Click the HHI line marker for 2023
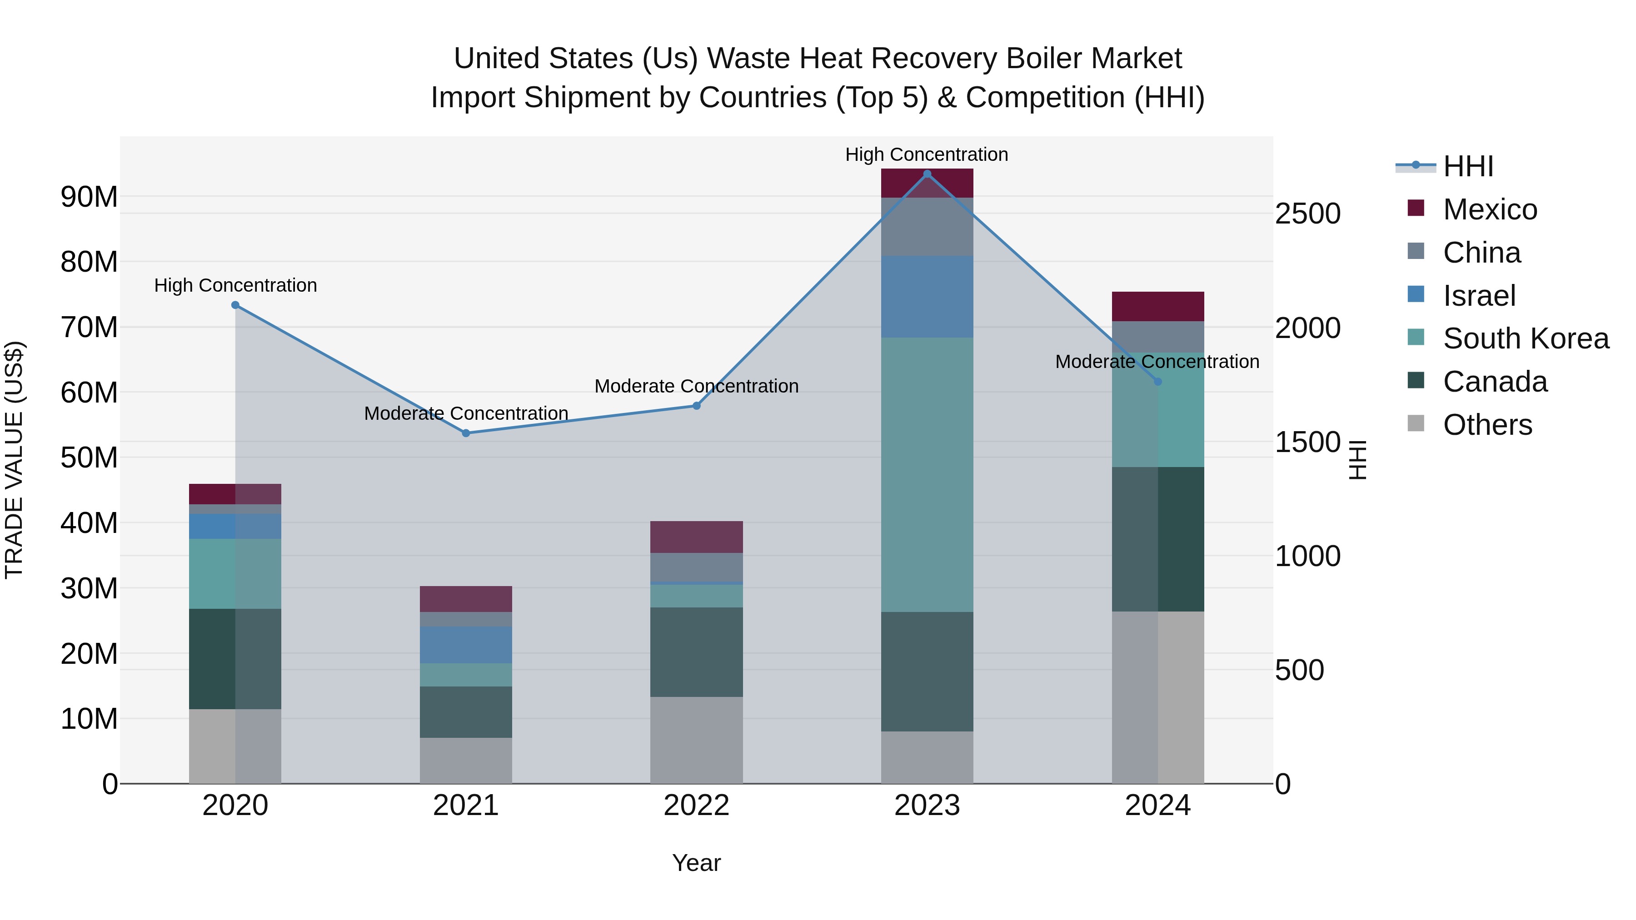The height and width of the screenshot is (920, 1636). [x=927, y=174]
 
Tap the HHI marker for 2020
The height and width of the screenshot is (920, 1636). [x=235, y=305]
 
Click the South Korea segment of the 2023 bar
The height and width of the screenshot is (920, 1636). [x=927, y=474]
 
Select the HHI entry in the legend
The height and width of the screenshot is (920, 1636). [x=1468, y=166]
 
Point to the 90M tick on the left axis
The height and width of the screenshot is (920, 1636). [x=89, y=197]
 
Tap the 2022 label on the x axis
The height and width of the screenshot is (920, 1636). [x=696, y=806]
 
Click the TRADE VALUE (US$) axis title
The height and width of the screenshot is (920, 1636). [x=14, y=460]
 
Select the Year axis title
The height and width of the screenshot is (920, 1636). [x=696, y=863]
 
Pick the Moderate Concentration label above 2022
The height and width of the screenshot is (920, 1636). [x=696, y=386]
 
